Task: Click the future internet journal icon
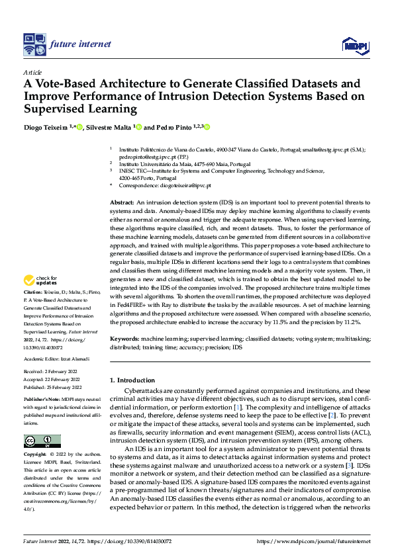click(x=33, y=44)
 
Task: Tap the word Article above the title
click(x=32, y=71)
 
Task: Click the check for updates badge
click(x=41, y=298)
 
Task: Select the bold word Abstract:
click(x=123, y=200)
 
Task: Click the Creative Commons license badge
click(x=42, y=441)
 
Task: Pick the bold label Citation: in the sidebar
click(x=33, y=310)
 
